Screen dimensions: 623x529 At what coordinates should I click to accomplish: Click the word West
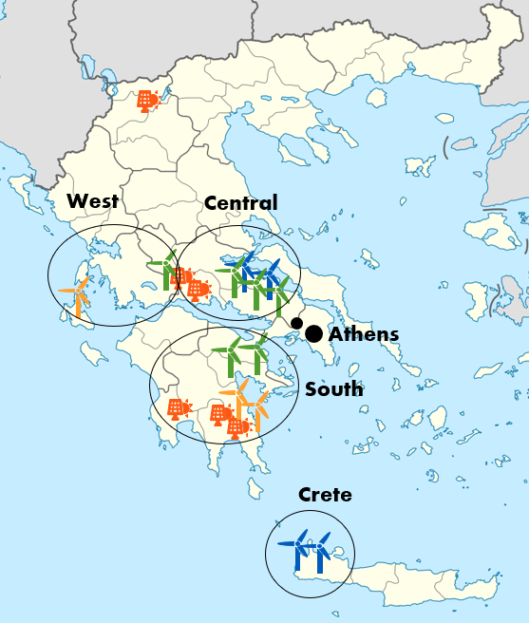click(x=92, y=200)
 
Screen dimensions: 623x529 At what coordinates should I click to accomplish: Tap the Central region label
click(x=241, y=202)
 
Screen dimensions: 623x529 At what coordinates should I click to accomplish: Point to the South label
click(x=333, y=388)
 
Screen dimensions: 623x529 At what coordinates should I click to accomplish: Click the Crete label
click(x=325, y=495)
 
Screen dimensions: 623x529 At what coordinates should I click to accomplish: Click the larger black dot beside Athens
click(x=313, y=334)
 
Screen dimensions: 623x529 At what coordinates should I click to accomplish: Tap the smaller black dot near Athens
click(x=296, y=324)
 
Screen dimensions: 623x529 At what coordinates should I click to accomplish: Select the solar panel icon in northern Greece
click(x=146, y=100)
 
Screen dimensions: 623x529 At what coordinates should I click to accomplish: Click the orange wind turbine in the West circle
click(x=77, y=295)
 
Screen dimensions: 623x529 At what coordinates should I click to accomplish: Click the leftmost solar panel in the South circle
click(x=177, y=409)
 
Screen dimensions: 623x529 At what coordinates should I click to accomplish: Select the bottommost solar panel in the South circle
click(x=236, y=427)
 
